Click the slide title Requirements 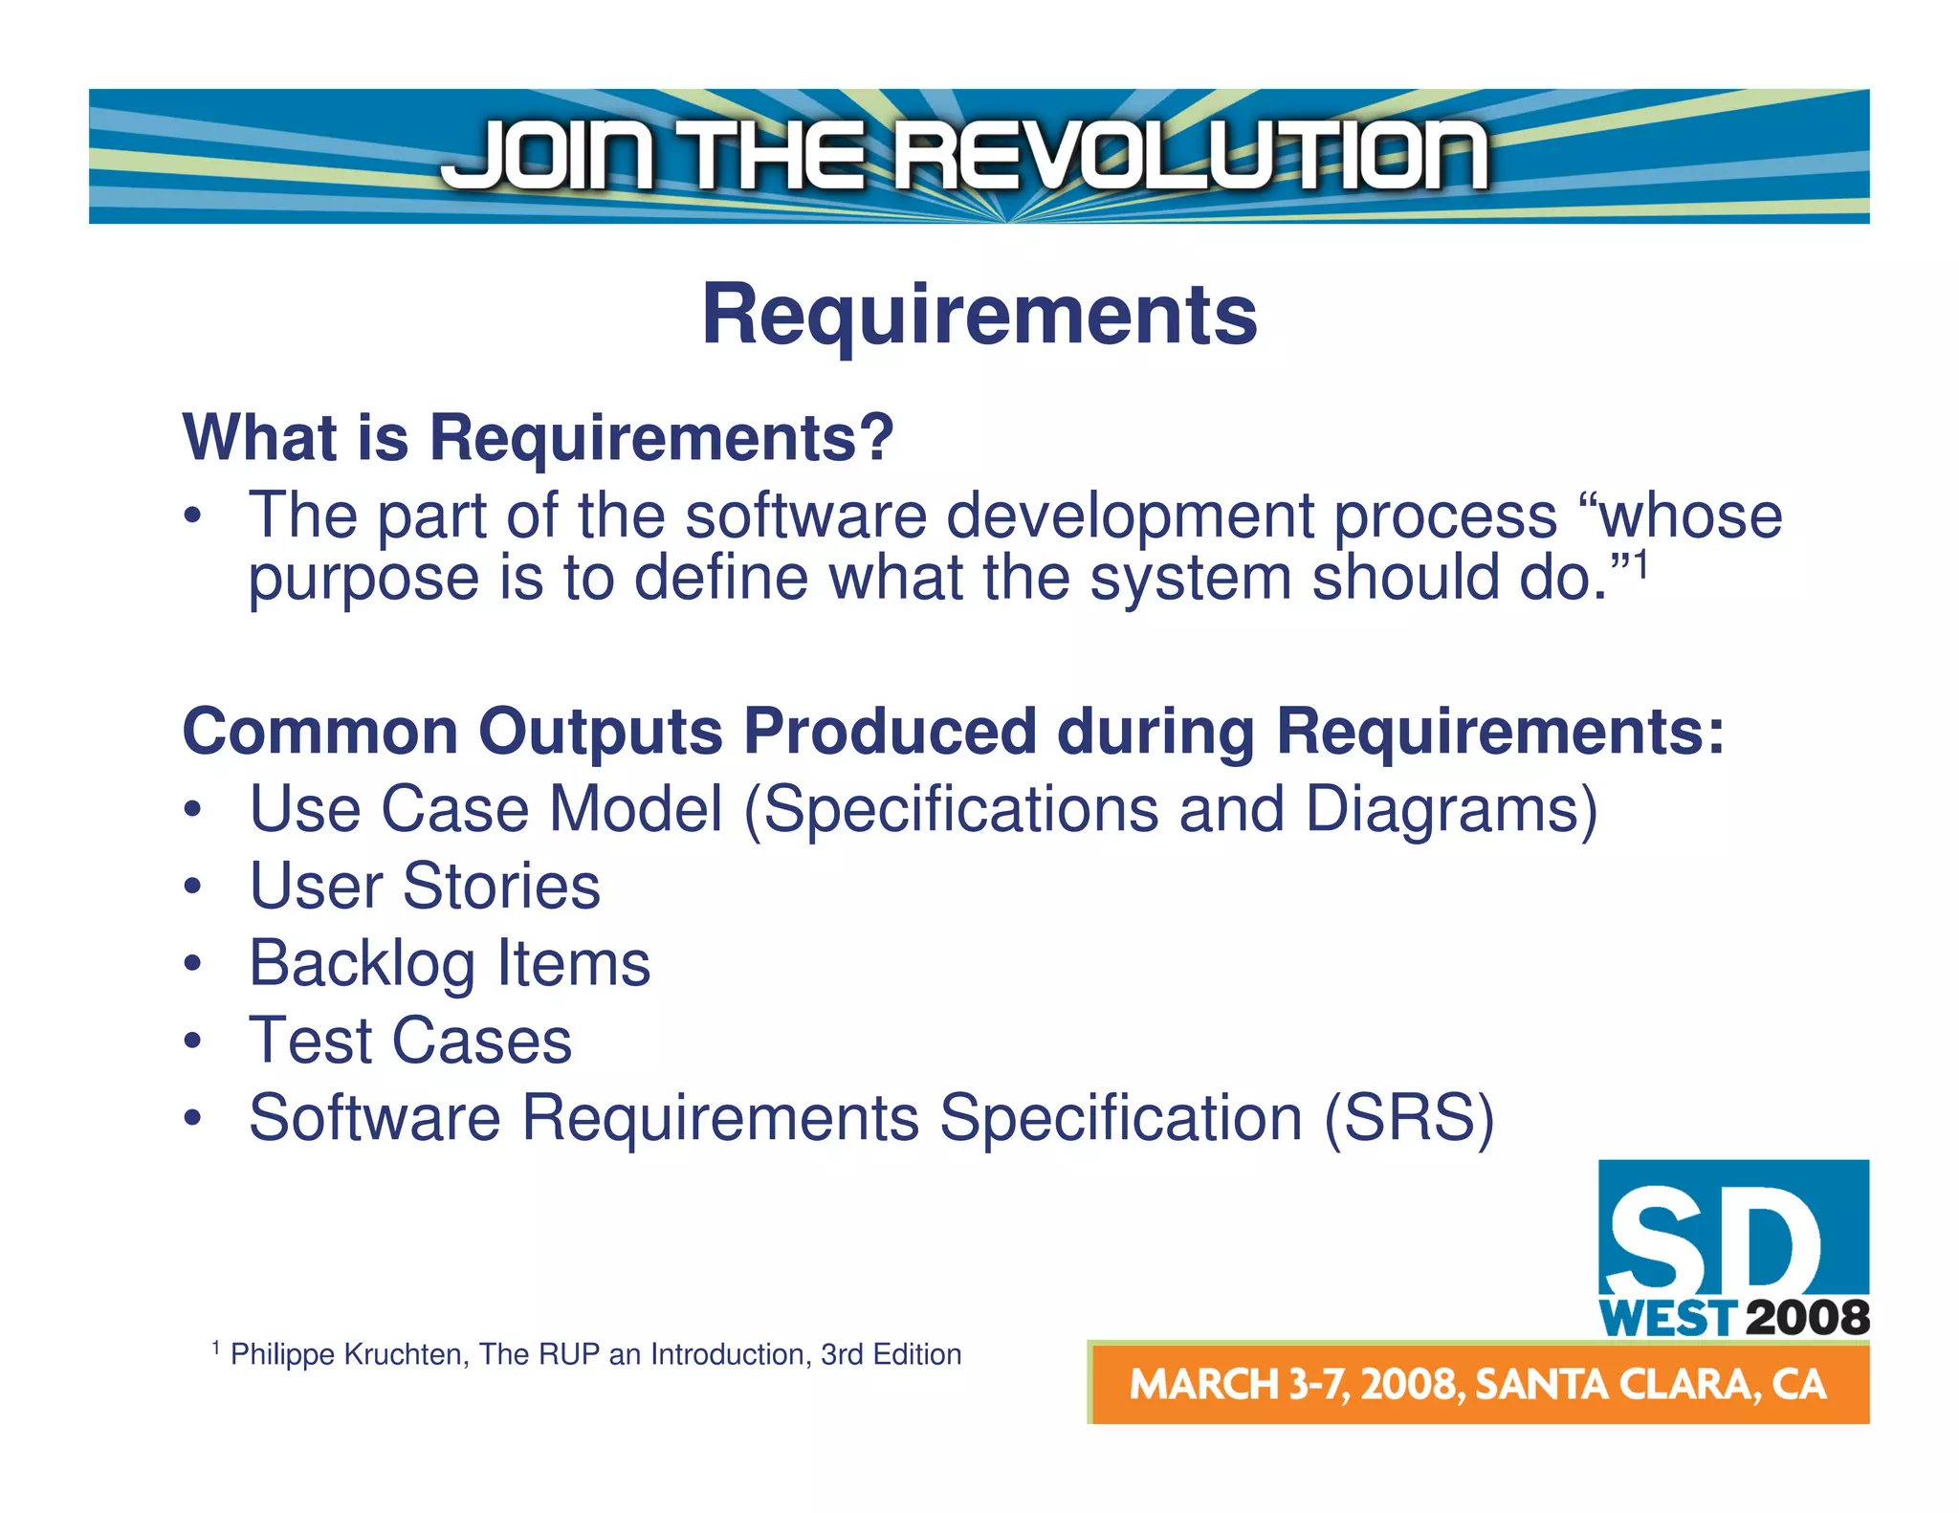pyautogui.click(x=979, y=316)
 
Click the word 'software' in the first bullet pyautogui.click(x=805, y=516)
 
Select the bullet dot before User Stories pyautogui.click(x=193, y=888)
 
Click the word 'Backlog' pyautogui.click(x=362, y=963)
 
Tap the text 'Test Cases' pyautogui.click(x=410, y=1041)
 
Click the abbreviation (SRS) pyautogui.click(x=1408, y=1117)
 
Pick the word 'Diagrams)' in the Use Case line pyautogui.click(x=1451, y=810)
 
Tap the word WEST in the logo pyautogui.click(x=1666, y=1319)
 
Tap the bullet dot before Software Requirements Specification pyautogui.click(x=193, y=1119)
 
